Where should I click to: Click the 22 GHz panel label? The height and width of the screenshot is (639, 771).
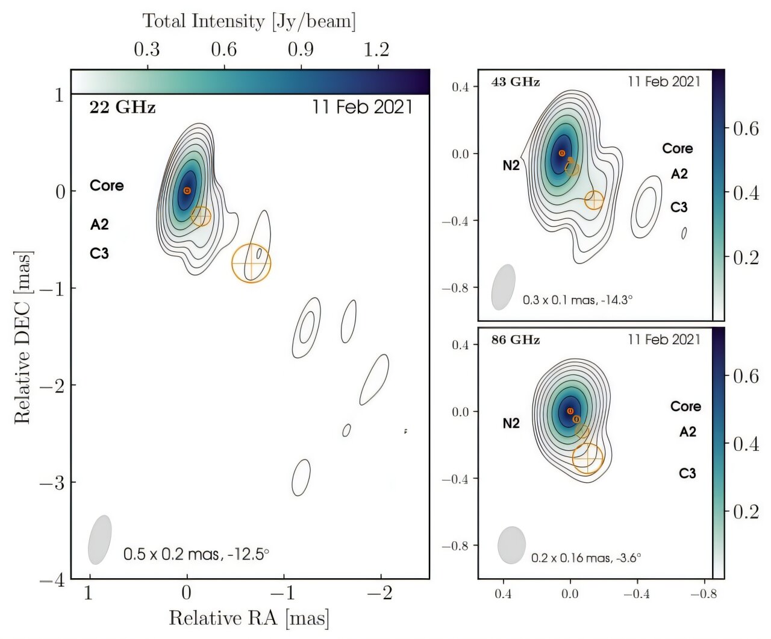[x=122, y=107]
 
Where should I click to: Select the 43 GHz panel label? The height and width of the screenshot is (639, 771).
[x=515, y=82]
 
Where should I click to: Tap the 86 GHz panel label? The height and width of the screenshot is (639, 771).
[x=515, y=340]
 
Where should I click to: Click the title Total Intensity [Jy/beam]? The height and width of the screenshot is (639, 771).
[x=249, y=21]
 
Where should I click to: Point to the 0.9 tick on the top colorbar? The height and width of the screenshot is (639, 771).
[x=301, y=49]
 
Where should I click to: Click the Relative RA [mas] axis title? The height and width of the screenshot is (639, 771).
[x=249, y=618]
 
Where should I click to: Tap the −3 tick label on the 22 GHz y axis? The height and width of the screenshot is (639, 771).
[x=52, y=482]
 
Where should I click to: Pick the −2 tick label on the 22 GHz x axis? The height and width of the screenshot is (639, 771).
[x=381, y=593]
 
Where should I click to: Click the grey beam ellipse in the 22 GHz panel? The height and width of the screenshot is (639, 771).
[x=100, y=540]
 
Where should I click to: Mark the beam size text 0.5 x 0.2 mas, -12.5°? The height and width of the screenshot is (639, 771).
[x=196, y=553]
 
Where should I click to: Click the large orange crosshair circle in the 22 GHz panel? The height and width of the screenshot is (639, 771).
[x=251, y=263]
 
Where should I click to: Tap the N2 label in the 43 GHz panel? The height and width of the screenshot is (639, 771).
[x=511, y=165]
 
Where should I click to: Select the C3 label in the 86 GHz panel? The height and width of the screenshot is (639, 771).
[x=687, y=473]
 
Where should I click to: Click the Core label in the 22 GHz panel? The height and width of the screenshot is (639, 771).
[x=107, y=186]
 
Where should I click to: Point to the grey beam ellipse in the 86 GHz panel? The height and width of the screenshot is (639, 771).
[x=512, y=545]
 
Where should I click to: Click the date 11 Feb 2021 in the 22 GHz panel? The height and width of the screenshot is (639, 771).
[x=362, y=107]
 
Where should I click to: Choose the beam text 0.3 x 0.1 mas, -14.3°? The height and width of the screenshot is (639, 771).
[x=577, y=300]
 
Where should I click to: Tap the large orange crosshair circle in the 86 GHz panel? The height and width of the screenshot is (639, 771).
[x=587, y=458]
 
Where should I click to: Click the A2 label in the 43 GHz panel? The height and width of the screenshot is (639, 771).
[x=679, y=174]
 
